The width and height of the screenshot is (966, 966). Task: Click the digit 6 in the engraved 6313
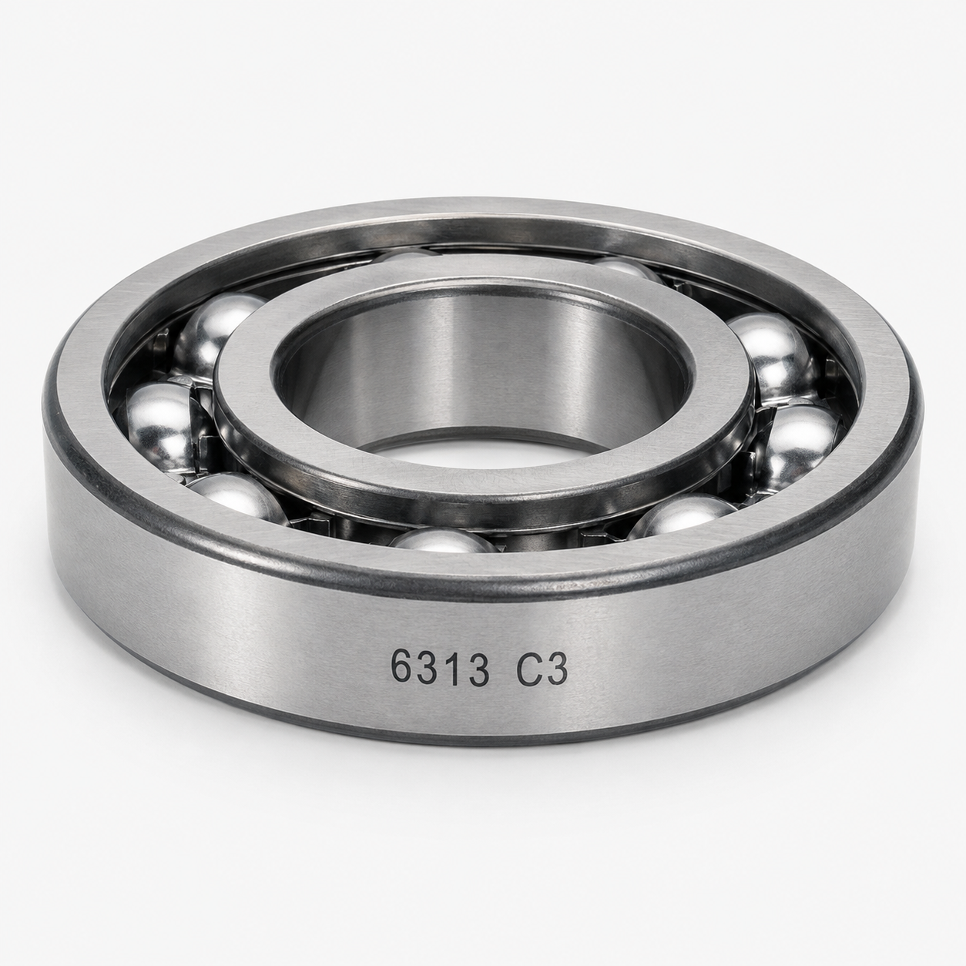click(x=402, y=667)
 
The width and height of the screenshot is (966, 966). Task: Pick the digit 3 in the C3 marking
click(x=556, y=668)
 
